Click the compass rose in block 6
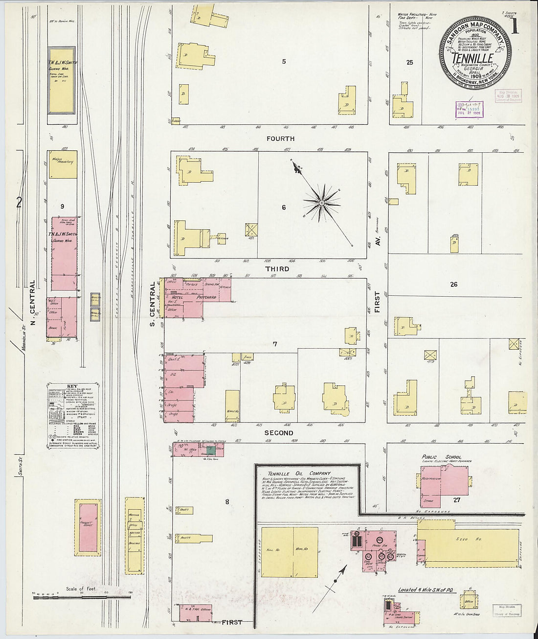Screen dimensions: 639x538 322,202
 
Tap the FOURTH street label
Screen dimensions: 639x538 280,139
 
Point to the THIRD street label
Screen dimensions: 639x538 277,269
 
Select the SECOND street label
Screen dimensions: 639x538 279,433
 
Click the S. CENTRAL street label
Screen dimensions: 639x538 152,304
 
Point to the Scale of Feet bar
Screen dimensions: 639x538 81,597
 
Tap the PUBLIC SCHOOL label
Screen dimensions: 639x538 442,457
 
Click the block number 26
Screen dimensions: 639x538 453,284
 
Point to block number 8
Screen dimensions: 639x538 227,501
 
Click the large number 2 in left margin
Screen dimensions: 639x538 19,202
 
